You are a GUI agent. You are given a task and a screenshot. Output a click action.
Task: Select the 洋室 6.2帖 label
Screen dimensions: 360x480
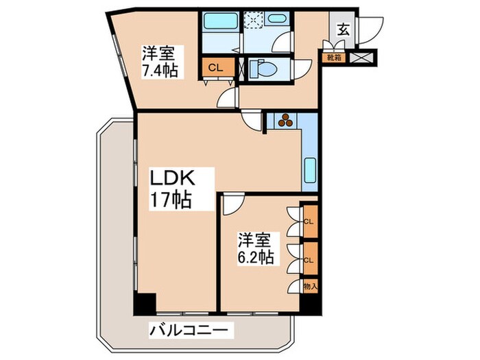pos(256,249)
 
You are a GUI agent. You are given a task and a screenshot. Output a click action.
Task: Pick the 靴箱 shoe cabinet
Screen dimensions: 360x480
pos(334,58)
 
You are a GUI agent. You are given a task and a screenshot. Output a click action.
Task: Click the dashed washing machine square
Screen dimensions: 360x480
pos(255,21)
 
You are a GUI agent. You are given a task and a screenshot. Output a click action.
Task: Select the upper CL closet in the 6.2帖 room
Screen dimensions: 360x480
pos(310,222)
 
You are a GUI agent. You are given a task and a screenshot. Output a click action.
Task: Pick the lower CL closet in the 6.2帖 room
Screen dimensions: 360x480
pos(310,259)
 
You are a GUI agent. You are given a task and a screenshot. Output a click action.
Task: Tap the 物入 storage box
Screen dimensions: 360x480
pos(310,285)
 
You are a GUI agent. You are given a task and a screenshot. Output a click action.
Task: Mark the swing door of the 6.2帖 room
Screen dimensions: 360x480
pos(232,203)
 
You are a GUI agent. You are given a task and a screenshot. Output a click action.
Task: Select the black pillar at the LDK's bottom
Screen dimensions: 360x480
pos(145,302)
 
